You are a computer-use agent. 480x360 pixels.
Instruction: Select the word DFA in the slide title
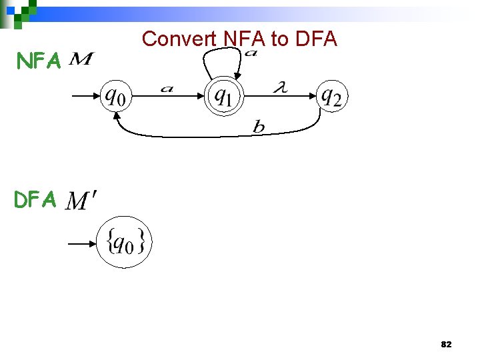[315, 39]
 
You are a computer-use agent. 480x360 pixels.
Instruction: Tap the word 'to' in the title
[279, 39]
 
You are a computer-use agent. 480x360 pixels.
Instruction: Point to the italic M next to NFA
[81, 61]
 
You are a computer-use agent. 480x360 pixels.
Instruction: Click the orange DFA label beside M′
[35, 199]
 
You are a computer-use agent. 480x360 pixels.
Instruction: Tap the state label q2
[331, 97]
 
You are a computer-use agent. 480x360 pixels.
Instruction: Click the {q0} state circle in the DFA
[125, 242]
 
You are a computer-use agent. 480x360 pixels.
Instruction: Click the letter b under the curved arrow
[259, 127]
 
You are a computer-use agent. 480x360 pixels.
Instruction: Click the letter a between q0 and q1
[167, 89]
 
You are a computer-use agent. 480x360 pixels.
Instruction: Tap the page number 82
[446, 345]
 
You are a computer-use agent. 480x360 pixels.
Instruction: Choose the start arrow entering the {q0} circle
[82, 244]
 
